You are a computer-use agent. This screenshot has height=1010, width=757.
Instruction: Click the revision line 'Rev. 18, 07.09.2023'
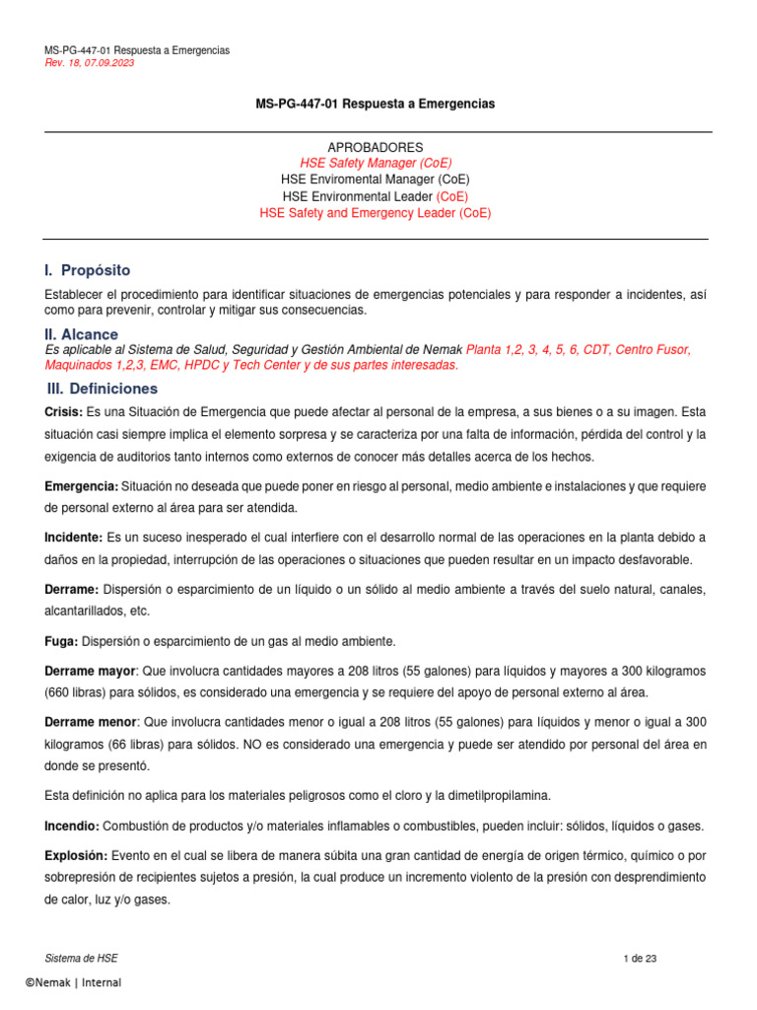tap(90, 63)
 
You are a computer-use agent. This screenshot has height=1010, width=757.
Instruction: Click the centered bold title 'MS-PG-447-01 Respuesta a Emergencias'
tap(375, 104)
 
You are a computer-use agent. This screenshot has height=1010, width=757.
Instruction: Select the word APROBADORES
tap(375, 147)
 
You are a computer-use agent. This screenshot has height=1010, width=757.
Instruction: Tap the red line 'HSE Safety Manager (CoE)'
tap(376, 163)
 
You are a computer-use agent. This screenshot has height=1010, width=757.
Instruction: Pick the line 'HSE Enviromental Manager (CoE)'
tap(375, 180)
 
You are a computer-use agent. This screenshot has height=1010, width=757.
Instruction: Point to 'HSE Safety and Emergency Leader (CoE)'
tap(375, 212)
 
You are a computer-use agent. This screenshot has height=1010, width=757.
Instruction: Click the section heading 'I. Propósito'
tap(88, 270)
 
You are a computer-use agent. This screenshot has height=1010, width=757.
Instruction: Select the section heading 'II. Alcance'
tap(82, 334)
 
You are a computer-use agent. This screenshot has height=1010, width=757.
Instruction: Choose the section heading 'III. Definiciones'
tap(103, 389)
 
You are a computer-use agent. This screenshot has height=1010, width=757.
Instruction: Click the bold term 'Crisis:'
tap(64, 410)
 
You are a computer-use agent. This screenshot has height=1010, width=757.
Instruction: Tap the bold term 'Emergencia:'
tap(82, 486)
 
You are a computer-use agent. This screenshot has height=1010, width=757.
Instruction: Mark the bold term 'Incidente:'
tap(74, 538)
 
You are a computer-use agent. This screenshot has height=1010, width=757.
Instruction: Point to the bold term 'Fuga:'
tap(62, 641)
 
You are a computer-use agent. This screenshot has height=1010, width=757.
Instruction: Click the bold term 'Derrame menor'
tap(90, 722)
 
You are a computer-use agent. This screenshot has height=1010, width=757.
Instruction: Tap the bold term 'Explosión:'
tap(77, 854)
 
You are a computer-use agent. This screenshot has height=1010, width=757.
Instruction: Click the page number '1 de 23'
tap(641, 959)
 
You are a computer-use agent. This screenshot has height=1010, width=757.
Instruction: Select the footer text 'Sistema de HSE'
tap(82, 959)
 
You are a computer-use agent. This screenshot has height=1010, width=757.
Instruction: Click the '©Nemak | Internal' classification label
tap(73, 982)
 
